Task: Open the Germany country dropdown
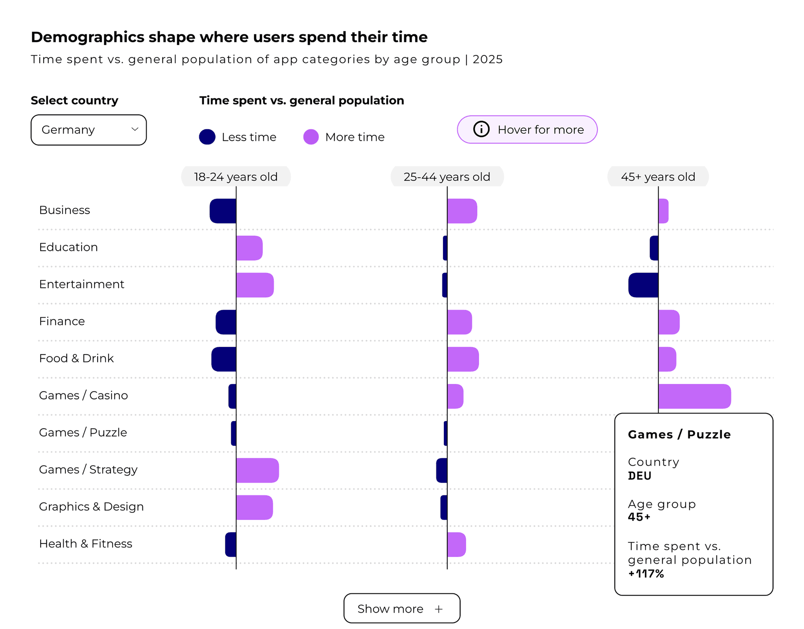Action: pyautogui.click(x=89, y=130)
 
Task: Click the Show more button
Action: pyautogui.click(x=402, y=608)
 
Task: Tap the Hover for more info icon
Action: pyautogui.click(x=481, y=129)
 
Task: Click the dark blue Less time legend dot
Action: pyautogui.click(x=207, y=137)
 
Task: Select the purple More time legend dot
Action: pyautogui.click(x=311, y=137)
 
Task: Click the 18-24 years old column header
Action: pyautogui.click(x=236, y=177)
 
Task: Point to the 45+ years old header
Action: pyautogui.click(x=658, y=177)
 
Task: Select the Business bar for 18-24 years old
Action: pyautogui.click(x=223, y=211)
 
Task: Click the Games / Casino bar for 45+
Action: pyautogui.click(x=694, y=396)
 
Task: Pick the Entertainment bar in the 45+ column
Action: pyautogui.click(x=644, y=285)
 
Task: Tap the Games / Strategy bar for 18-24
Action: pyautogui.click(x=257, y=470)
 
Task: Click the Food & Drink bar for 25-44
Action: pyautogui.click(x=463, y=359)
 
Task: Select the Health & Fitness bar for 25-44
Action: pyautogui.click(x=456, y=544)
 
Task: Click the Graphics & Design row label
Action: pyautogui.click(x=91, y=507)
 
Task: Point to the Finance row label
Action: pyautogui.click(x=62, y=321)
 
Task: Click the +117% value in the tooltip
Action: pyautogui.click(x=646, y=574)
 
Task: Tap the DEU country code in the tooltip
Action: pyautogui.click(x=639, y=476)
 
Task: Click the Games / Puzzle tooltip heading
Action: pyautogui.click(x=679, y=435)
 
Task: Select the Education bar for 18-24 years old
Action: pyautogui.click(x=249, y=248)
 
